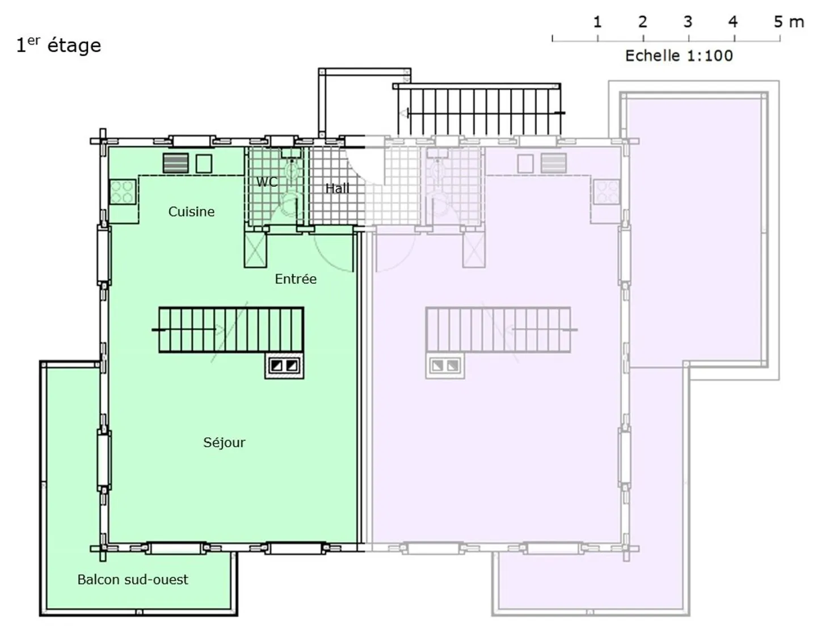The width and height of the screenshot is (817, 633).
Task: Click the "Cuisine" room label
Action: click(191, 211)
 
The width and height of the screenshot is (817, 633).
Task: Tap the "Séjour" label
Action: click(224, 442)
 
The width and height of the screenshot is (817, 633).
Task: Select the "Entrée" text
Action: click(296, 279)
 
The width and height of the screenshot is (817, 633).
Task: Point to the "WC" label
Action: click(267, 182)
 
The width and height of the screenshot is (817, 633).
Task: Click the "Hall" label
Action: click(337, 188)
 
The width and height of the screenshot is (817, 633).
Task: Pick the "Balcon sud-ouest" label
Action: click(133, 579)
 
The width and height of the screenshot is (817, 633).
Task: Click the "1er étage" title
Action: click(58, 45)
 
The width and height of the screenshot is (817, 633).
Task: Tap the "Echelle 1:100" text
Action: click(679, 56)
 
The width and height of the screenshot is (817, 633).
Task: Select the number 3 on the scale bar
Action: click(688, 22)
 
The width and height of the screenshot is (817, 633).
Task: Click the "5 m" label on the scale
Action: click(789, 22)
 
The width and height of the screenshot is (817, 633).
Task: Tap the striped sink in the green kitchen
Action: click(176, 163)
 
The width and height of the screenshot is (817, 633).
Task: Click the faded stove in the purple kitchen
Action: click(607, 192)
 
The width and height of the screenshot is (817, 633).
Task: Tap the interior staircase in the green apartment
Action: click(231, 330)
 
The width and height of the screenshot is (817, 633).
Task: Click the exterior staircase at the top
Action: click(479, 111)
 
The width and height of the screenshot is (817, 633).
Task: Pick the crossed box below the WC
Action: click(255, 250)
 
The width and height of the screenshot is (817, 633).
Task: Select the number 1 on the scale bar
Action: click(597, 22)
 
